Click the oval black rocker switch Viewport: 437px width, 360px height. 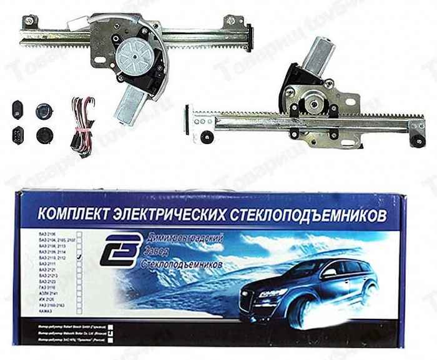pyautogui.click(x=17, y=109)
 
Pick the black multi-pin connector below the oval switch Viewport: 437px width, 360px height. pyautogui.click(x=17, y=134)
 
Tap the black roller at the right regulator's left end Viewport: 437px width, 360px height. pyautogui.click(x=207, y=137)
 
